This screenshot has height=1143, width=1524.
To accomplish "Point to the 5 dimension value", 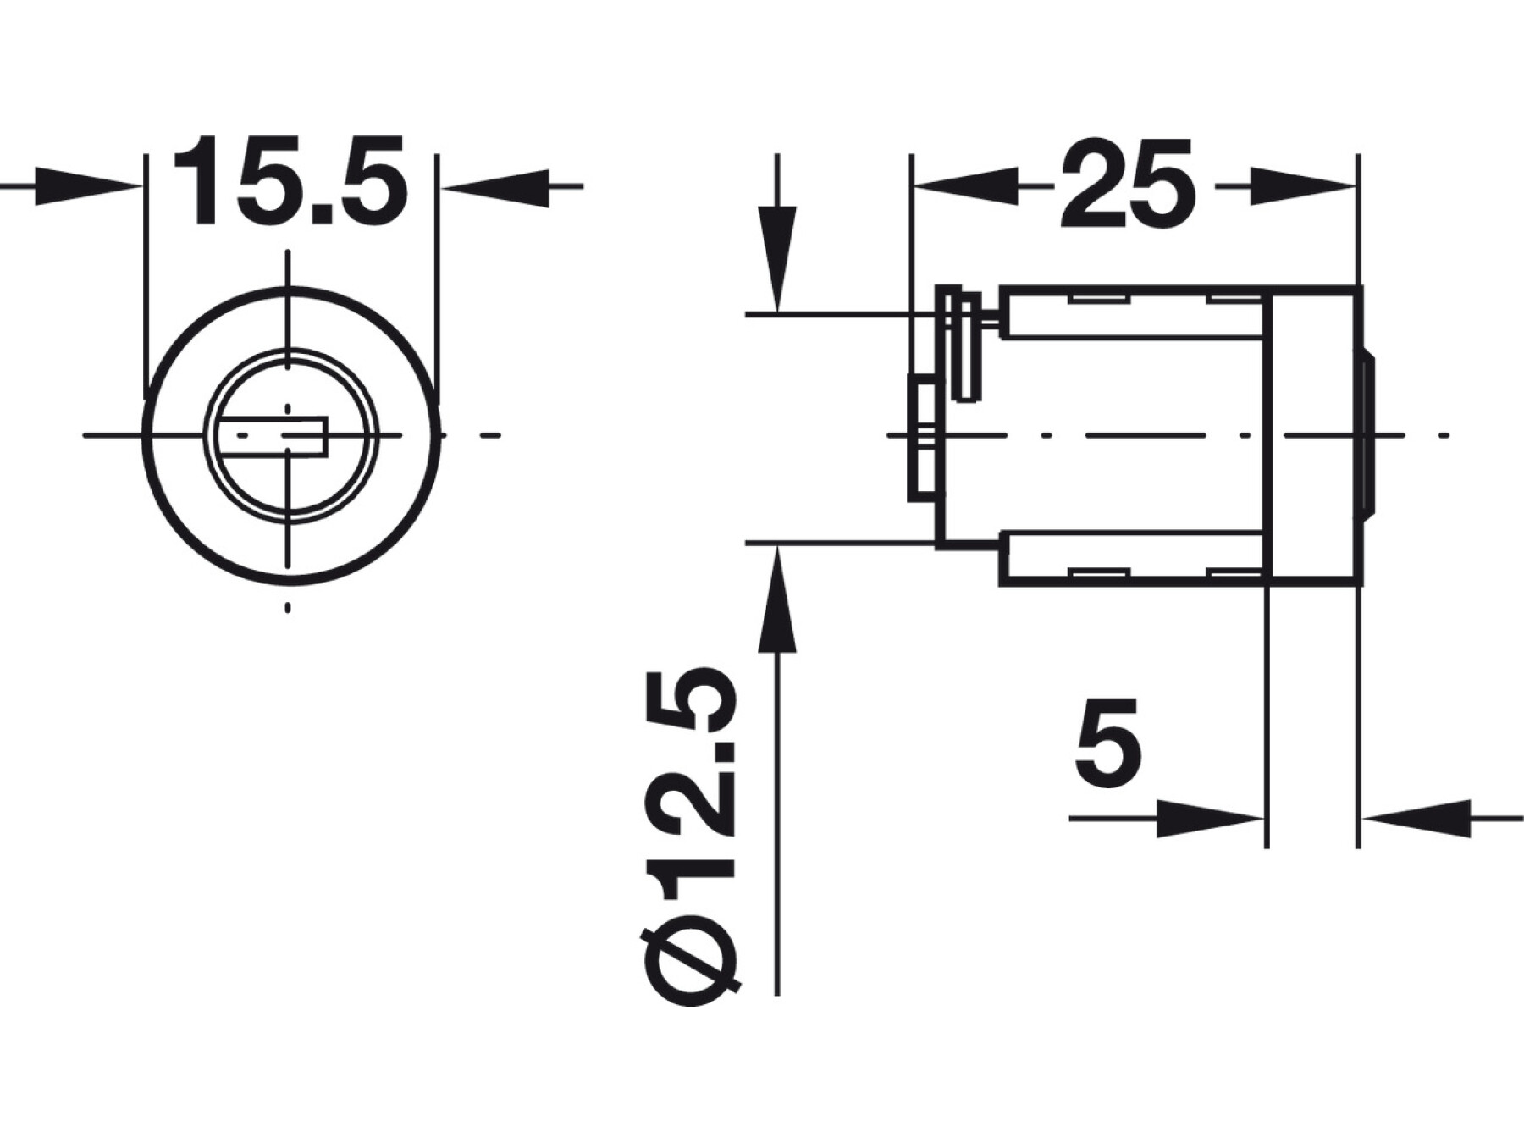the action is point(1108,742).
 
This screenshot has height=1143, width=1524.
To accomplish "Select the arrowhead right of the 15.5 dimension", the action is point(494,186).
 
